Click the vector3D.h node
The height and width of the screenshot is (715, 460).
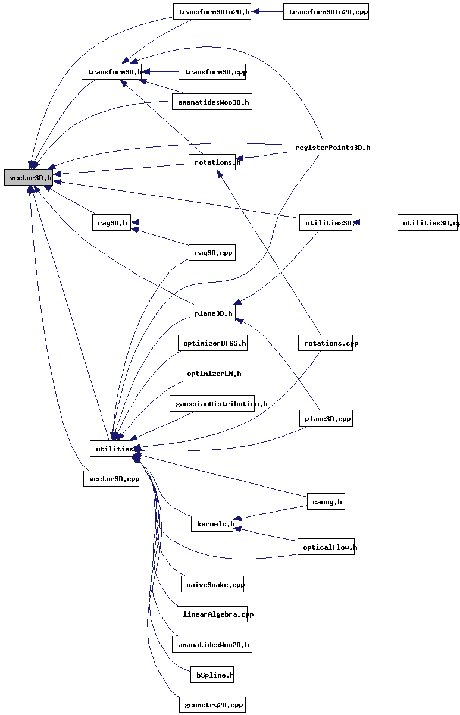click(28, 177)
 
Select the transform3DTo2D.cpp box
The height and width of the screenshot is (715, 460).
click(326, 11)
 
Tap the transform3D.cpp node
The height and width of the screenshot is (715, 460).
click(212, 71)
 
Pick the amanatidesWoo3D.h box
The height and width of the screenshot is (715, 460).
click(212, 102)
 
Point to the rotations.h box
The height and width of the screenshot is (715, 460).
click(212, 162)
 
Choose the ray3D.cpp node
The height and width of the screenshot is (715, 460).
click(212, 253)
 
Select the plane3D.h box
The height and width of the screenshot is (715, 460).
click(212, 313)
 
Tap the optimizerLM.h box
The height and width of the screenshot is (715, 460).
click(212, 374)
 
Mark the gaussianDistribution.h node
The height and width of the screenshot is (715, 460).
click(212, 403)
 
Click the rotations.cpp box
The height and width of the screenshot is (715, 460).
click(326, 343)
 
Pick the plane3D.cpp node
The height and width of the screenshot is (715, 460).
click(326, 419)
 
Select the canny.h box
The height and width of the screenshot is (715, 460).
click(326, 502)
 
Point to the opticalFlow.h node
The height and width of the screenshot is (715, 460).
click(326, 547)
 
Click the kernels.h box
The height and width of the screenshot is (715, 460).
click(212, 524)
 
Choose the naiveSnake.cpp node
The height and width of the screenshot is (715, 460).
click(212, 584)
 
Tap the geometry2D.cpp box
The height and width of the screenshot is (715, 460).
click(212, 705)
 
